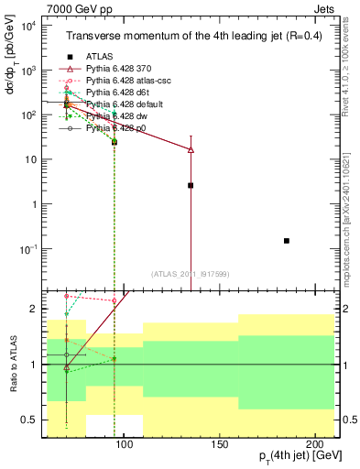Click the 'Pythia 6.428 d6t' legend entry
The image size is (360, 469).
pos(123,93)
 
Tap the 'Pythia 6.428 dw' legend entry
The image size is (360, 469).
pos(122,117)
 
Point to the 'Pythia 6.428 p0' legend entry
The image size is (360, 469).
pos(122,129)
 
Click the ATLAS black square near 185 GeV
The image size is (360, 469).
pos(287,241)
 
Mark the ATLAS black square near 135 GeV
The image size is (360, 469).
pos(191,185)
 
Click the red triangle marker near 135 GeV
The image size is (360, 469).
pos(191,148)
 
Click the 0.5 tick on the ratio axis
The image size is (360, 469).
pos(32,420)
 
